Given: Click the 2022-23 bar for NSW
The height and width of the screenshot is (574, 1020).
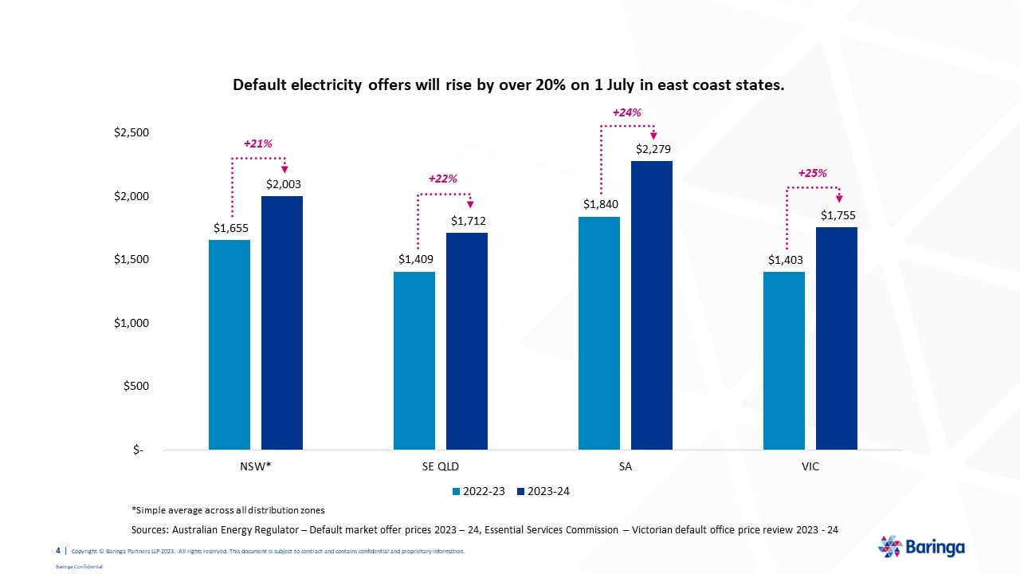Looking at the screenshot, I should (229, 344).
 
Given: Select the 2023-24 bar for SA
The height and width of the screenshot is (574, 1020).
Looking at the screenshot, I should (651, 305).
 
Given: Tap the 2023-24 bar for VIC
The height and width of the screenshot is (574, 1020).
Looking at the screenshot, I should (836, 338).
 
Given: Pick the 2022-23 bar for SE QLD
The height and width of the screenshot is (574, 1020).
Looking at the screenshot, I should (414, 360).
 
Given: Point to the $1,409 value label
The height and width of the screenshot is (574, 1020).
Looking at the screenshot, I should (414, 259).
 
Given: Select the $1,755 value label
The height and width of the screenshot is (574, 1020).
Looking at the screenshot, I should (837, 215).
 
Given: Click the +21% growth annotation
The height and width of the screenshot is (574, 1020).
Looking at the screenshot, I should (257, 143).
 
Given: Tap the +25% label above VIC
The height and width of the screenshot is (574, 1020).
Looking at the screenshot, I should (812, 172).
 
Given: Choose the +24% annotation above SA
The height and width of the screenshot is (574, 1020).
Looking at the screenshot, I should (626, 112).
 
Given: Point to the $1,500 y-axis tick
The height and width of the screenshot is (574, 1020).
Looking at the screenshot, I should (131, 259).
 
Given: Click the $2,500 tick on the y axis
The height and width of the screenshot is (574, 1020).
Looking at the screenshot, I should (131, 132).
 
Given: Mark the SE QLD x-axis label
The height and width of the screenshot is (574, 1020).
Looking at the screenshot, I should (441, 466).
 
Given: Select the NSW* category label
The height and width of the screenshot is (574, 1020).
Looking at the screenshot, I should (256, 466).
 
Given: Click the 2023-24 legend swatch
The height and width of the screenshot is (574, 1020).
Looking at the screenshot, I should (521, 491).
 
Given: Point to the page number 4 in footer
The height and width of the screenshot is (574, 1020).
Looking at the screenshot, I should (57, 551).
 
